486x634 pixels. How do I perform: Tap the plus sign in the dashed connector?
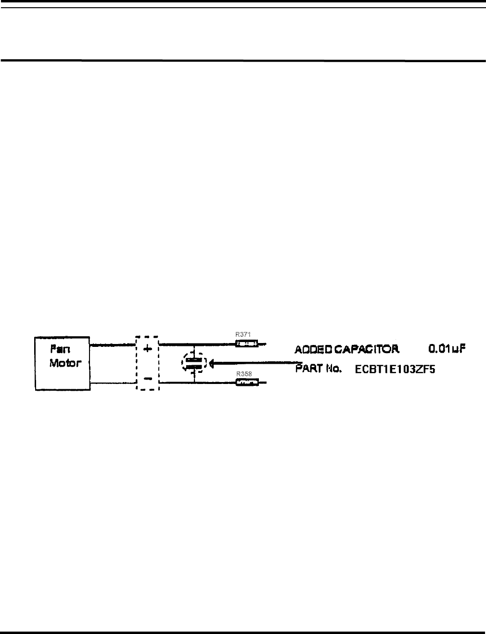pos(148,348)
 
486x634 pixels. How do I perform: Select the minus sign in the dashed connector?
pos(148,378)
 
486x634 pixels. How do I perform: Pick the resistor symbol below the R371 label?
pos(246,344)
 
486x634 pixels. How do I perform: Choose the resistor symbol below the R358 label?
pos(247,383)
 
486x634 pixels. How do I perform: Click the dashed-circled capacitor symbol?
pos(194,363)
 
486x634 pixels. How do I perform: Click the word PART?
pos(308,370)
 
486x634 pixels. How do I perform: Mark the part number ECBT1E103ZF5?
pos(395,370)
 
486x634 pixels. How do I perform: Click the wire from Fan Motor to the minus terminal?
pos(113,383)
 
